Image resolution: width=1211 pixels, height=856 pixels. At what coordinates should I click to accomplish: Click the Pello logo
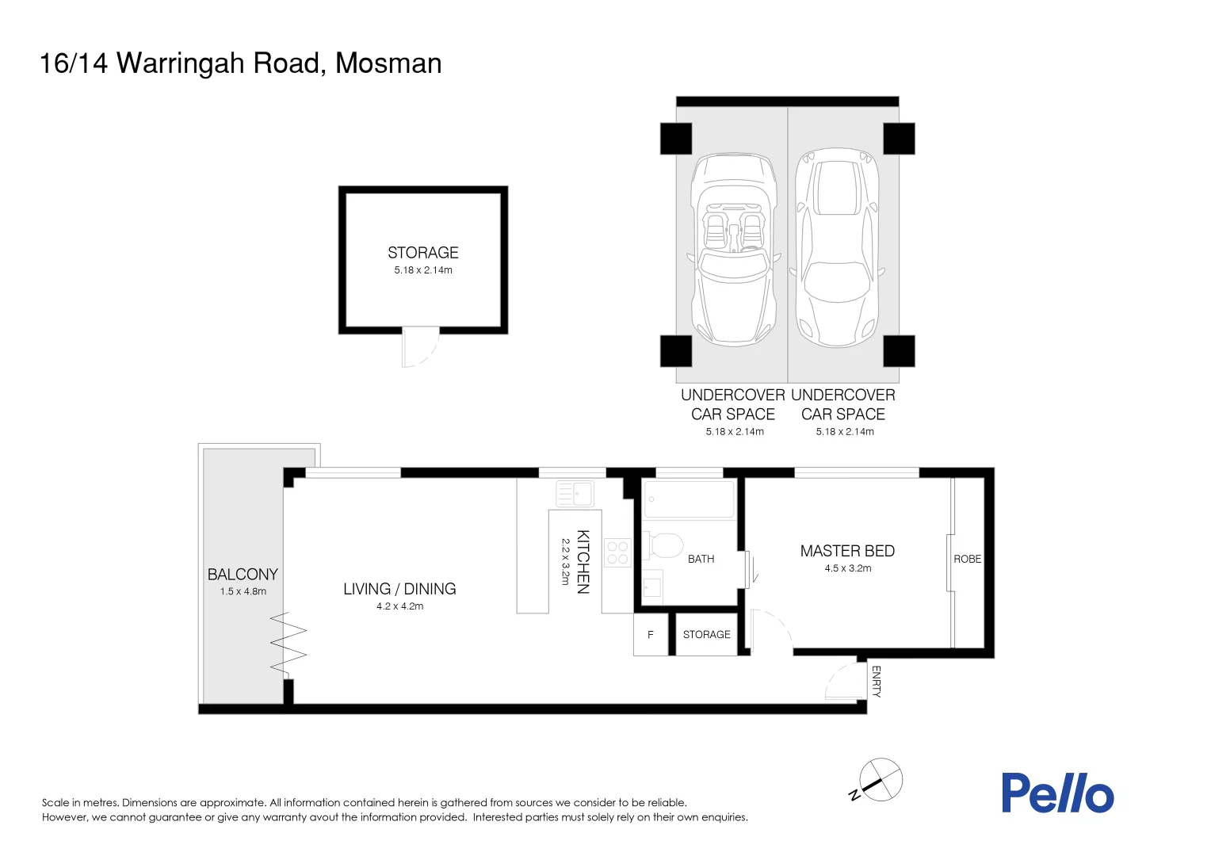[1057, 793]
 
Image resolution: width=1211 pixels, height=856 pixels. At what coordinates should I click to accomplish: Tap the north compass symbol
[880, 780]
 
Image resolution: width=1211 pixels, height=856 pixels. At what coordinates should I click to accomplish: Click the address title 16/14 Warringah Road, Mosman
[240, 63]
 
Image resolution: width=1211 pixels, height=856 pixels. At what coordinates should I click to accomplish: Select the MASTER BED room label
[847, 551]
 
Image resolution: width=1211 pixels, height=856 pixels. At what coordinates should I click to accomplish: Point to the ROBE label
[967, 559]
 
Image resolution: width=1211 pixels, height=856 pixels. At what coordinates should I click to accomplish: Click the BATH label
[701, 559]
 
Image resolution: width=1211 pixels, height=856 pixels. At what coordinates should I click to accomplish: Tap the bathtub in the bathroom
[689, 499]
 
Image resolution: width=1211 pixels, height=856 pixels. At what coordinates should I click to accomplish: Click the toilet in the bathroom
[663, 545]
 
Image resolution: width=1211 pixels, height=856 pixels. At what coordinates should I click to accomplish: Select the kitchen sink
[575, 493]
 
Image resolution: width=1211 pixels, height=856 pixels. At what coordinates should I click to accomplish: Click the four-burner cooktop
[617, 552]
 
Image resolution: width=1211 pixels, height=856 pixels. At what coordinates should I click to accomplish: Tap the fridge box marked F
[651, 635]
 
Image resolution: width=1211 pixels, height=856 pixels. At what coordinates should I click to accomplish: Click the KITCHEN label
[583, 562]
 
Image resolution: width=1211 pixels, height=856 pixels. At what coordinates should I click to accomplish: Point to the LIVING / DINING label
[399, 589]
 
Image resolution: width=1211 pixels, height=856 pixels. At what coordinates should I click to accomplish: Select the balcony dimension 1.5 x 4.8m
[243, 591]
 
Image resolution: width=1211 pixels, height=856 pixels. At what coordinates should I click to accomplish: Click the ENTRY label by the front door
[876, 682]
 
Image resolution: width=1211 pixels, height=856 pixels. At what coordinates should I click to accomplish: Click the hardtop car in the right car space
[838, 247]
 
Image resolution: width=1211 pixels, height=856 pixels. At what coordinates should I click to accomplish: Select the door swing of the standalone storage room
[419, 348]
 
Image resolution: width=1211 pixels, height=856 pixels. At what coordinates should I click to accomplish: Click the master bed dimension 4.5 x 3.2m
[847, 568]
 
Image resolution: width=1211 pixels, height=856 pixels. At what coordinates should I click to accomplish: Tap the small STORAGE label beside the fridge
[706, 635]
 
